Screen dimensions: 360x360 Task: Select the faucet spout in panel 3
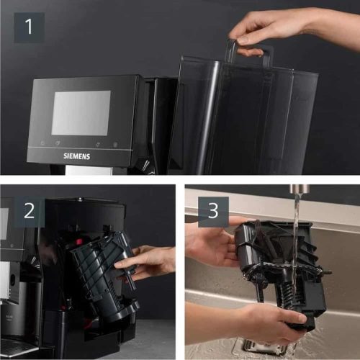296,190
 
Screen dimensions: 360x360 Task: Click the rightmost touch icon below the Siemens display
115,144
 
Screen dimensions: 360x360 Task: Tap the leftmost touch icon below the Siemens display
42,143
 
